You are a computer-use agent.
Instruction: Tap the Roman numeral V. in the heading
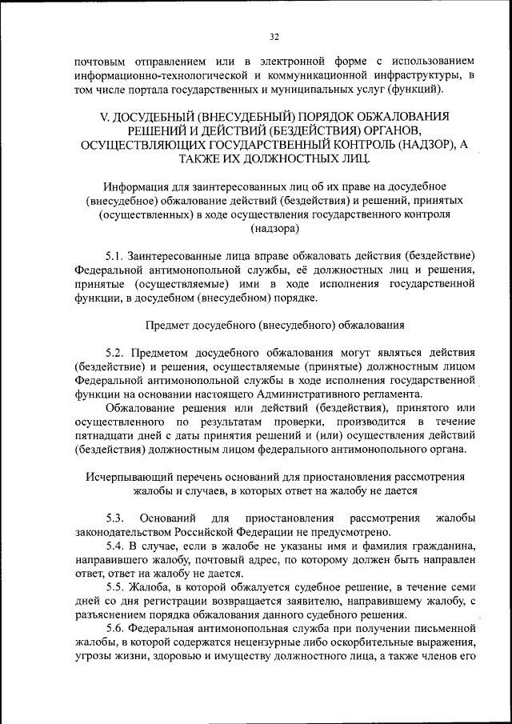[105, 116]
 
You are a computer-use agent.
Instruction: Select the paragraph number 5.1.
[115, 256]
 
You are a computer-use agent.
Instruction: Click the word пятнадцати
[103, 435]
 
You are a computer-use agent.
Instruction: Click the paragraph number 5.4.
[115, 546]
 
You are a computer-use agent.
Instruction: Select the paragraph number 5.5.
[115, 587]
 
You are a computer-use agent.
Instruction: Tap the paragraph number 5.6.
[115, 628]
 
